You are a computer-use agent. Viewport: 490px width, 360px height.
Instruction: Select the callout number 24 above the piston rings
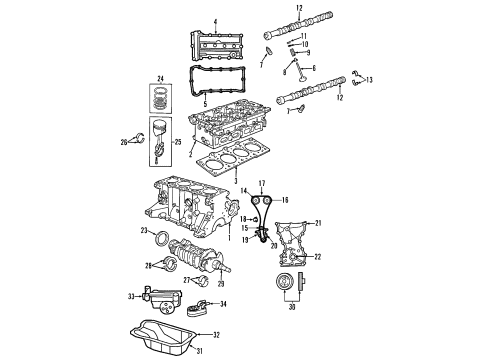pos(159,77)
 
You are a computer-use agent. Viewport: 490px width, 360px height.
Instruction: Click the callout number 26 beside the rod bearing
pos(124,143)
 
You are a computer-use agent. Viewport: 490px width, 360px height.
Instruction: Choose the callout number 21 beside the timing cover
pos(319,222)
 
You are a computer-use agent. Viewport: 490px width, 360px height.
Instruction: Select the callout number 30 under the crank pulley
pos(292,308)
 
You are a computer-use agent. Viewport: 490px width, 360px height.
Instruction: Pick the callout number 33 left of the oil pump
pos(131,296)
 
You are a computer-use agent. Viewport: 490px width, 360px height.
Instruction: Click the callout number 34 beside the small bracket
pos(222,304)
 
